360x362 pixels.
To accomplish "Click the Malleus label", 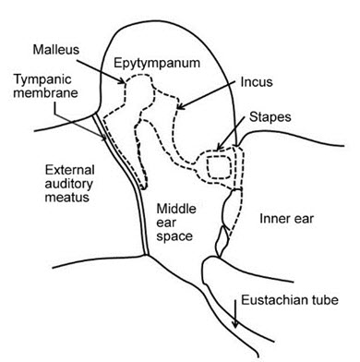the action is coord(56,50).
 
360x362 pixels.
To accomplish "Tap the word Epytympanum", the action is coord(157,64).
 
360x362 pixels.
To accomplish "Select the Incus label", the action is coord(257,82).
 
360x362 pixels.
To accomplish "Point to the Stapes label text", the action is coord(270,117).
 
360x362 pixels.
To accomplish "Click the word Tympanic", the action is coord(42,79).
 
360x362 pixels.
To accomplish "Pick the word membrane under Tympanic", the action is coord(45,93).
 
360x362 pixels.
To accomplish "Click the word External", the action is coord(69,170).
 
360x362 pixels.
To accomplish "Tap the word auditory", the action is coord(69,184).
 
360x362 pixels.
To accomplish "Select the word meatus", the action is coord(67,197).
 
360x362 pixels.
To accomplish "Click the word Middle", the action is coord(176,209).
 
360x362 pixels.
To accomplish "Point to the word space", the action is coord(174,236).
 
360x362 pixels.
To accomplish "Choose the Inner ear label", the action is coord(286,219).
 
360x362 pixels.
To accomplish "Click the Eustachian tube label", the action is coord(290,300).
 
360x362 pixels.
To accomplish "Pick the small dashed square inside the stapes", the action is coord(219,167).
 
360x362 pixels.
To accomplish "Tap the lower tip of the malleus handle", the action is coord(143,187).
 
